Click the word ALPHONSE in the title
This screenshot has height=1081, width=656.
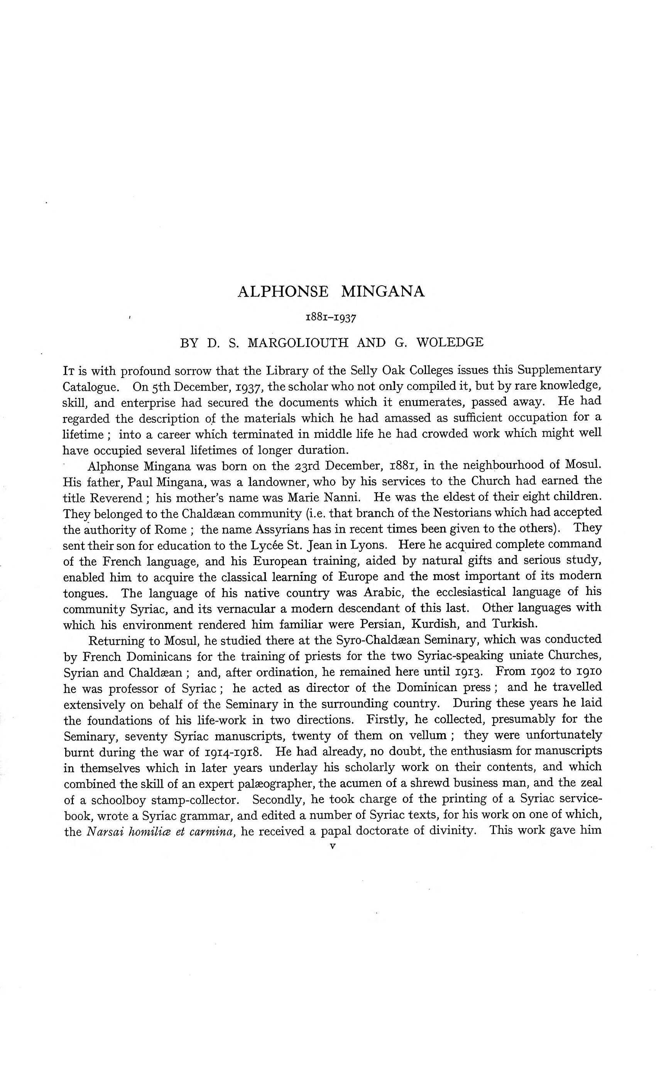282,292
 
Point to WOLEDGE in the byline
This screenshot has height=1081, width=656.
450,343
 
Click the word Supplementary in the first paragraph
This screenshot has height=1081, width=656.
559,370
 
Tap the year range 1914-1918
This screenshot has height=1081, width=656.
234,752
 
